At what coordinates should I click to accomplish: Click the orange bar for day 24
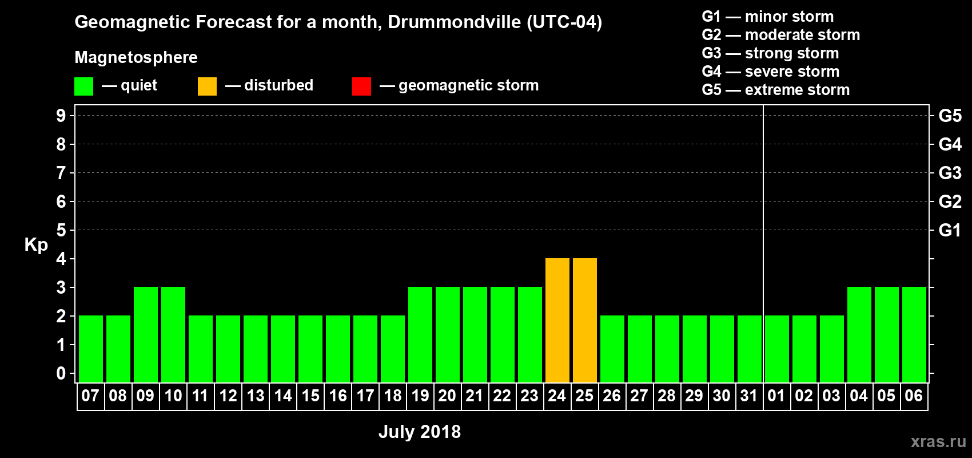[557, 320]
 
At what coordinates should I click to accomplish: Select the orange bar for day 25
[585, 320]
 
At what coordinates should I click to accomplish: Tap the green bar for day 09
[146, 334]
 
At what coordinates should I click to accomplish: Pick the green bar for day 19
[420, 334]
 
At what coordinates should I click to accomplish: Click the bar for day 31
[750, 349]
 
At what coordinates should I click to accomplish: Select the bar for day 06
[914, 334]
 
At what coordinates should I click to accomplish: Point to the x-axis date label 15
[310, 396]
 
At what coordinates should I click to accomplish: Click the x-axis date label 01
[776, 396]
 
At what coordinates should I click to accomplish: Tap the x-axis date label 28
[667, 396]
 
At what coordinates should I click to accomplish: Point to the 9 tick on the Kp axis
[61, 116]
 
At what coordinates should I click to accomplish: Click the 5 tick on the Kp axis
[61, 230]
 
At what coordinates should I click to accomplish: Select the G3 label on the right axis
[950, 173]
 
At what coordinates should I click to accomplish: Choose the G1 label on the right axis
[950, 230]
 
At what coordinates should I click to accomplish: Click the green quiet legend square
[84, 86]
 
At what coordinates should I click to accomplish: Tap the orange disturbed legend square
[207, 86]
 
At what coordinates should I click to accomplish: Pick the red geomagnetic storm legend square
[361, 86]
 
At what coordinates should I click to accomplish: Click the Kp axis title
[36, 245]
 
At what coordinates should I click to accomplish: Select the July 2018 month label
[420, 432]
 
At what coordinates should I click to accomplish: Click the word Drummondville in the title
[455, 22]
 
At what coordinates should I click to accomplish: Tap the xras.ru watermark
[938, 441]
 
